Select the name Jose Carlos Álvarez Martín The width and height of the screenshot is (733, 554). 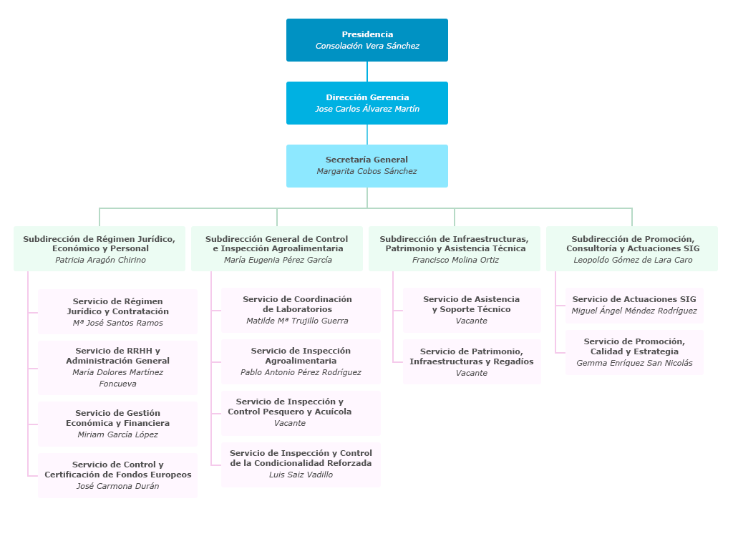[x=367, y=110]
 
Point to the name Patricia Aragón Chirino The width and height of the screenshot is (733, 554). [x=100, y=261]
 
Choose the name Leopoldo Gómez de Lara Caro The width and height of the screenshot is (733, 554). [x=633, y=261]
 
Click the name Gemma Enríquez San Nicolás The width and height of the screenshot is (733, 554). [x=634, y=364]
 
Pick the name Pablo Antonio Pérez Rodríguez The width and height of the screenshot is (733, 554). [x=301, y=373]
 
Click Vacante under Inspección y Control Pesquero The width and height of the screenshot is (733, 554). [x=290, y=424]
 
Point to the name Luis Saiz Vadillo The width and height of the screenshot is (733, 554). [x=301, y=475]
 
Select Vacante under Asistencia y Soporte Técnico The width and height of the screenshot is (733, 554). [x=471, y=321]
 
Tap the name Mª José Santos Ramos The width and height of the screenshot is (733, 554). [x=117, y=324]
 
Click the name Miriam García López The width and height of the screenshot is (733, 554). [x=117, y=435]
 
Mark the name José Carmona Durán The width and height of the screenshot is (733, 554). [x=117, y=487]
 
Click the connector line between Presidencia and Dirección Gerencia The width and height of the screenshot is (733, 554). [x=367, y=72]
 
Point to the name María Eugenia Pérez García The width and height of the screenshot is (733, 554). [x=278, y=261]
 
